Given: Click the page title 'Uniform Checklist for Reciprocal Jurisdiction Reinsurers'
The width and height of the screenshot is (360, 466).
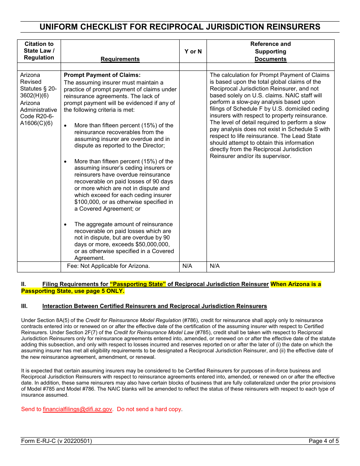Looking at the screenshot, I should click(x=180, y=27).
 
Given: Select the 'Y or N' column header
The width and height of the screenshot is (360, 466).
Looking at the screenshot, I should click(x=193, y=52).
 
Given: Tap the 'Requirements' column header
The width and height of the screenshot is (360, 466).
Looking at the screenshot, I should click(x=120, y=59).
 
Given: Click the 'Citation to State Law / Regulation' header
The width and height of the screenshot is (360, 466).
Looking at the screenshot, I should click(x=39, y=51).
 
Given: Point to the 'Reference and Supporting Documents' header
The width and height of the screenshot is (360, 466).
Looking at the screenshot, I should click(x=270, y=52).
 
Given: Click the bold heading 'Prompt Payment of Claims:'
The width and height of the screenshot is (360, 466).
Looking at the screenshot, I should click(x=102, y=75).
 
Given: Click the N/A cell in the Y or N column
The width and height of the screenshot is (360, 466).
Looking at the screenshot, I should click(x=187, y=266).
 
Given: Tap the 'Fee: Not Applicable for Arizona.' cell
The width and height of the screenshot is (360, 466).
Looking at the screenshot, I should click(x=108, y=266).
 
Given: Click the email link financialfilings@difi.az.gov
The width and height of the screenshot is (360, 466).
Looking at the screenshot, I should click(x=78, y=409).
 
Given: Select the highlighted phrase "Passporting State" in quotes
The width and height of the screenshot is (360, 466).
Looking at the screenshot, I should click(x=138, y=284).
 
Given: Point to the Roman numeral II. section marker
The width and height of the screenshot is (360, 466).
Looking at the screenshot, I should click(x=23, y=284).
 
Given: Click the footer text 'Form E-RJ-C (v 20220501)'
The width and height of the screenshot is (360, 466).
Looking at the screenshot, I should click(x=56, y=441).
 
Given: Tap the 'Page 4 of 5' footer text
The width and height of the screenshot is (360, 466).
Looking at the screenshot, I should click(x=324, y=441).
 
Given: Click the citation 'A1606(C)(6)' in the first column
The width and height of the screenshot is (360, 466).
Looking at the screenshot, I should click(x=36, y=123).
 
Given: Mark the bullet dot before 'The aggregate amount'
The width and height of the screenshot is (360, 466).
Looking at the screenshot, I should click(x=66, y=225).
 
